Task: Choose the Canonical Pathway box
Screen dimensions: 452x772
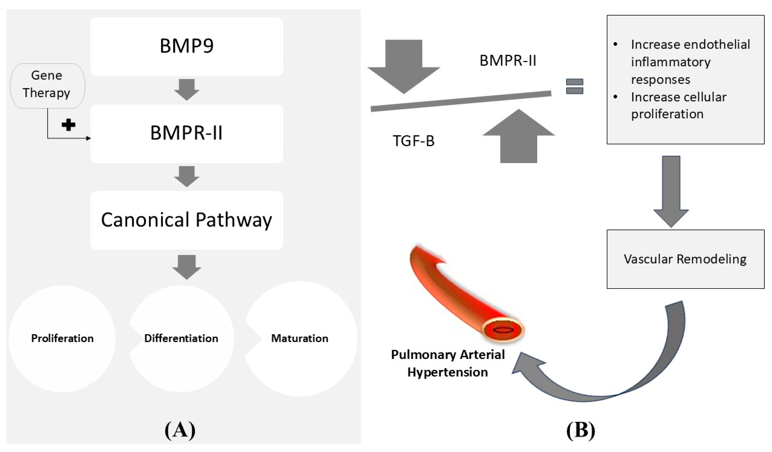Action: point(186,220)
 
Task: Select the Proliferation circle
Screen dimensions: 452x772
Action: point(62,338)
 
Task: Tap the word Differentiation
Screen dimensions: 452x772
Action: point(181,338)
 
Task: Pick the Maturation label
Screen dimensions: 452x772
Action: point(300,338)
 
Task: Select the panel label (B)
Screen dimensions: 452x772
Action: point(580,430)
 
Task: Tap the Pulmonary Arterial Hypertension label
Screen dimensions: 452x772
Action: point(448,363)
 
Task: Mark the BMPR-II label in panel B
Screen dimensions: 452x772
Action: point(508,60)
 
